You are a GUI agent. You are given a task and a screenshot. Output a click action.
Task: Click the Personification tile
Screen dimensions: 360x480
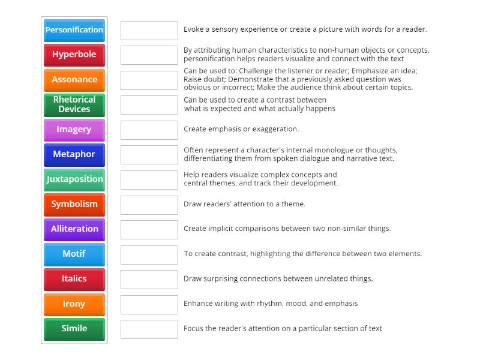[x=74, y=30]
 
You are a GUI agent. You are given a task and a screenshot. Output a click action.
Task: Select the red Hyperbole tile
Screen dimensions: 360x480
[x=74, y=55]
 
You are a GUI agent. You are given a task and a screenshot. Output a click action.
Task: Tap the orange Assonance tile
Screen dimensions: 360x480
[x=74, y=80]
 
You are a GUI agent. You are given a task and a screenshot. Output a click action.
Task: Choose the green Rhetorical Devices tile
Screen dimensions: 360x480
[x=74, y=104]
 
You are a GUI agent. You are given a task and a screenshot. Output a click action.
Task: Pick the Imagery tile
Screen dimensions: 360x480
[x=74, y=130]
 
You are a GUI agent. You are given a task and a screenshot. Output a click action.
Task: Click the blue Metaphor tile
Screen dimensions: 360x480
[x=74, y=154]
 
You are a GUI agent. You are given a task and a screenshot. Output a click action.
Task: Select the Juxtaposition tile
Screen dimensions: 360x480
[x=74, y=179]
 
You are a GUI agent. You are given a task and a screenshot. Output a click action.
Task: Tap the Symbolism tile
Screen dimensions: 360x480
[x=74, y=204]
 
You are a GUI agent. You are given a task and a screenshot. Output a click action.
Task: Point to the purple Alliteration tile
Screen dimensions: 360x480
[x=74, y=229]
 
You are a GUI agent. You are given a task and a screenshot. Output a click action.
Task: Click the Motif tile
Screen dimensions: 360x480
[x=74, y=254]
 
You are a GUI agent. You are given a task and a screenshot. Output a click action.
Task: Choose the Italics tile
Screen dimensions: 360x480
[x=74, y=279]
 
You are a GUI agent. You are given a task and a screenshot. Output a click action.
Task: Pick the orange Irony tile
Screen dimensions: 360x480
[x=74, y=304]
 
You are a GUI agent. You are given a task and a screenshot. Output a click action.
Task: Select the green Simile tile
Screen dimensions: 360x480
[x=74, y=329]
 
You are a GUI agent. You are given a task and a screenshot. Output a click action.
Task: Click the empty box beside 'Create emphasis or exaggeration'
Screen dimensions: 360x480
[x=149, y=130]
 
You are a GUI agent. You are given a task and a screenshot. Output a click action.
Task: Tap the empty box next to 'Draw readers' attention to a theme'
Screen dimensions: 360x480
[x=149, y=205]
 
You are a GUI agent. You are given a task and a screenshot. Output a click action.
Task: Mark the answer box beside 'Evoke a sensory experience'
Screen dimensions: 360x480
[x=149, y=30]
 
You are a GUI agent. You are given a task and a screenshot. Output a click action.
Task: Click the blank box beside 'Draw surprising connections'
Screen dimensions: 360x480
[x=149, y=279]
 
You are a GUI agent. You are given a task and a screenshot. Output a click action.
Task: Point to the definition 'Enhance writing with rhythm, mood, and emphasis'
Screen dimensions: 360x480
[x=271, y=304]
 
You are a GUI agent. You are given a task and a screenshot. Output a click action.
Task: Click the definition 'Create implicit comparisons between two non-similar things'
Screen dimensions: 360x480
[x=287, y=229]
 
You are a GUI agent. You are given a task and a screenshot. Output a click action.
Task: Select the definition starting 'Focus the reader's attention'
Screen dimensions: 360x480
[x=283, y=328]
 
